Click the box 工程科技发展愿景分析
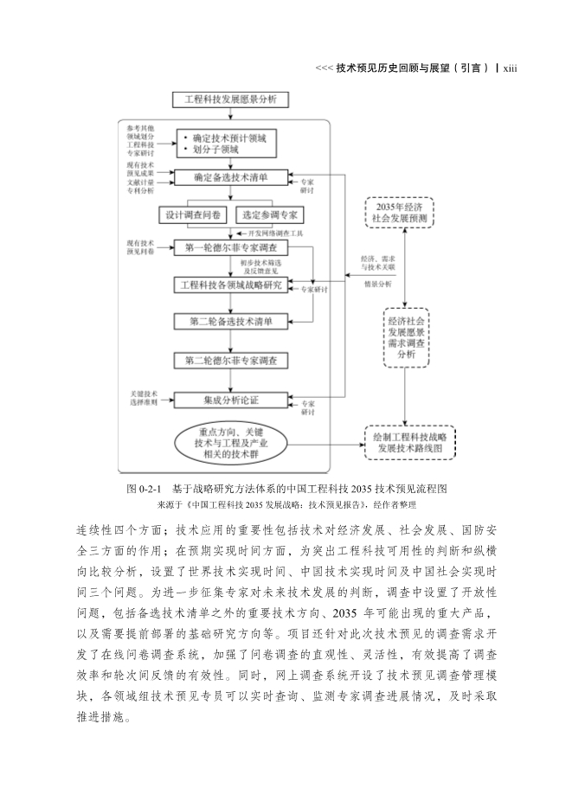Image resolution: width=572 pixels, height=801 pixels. tap(225, 99)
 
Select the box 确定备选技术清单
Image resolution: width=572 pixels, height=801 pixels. tap(229, 177)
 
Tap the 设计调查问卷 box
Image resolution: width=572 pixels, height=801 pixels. tap(192, 215)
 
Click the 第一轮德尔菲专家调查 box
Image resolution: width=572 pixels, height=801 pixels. tap(230, 248)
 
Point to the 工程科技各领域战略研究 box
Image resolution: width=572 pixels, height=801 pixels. tap(230, 285)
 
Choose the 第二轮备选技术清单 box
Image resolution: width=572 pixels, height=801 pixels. tap(230, 322)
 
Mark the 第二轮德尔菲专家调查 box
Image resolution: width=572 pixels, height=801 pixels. tap(230, 359)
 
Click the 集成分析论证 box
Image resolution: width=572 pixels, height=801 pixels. tap(230, 400)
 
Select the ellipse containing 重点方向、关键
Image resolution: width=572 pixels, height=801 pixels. tap(230, 443)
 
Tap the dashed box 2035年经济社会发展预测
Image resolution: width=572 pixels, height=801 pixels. tap(401, 213)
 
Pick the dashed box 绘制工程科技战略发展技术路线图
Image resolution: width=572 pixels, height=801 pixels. tap(408, 443)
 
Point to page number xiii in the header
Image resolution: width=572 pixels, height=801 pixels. tap(509, 68)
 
